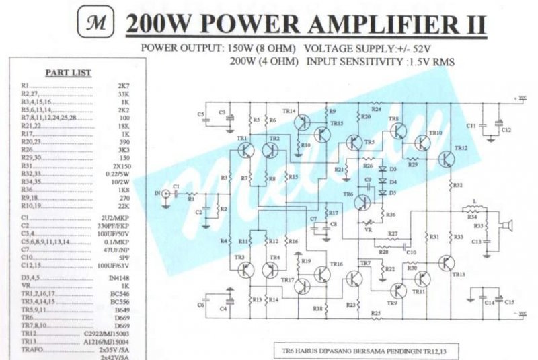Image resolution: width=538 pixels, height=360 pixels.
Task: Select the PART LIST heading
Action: click(68, 72)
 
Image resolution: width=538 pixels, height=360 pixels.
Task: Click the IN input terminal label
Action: click(159, 193)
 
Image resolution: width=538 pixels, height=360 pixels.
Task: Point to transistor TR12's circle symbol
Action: click(447, 159)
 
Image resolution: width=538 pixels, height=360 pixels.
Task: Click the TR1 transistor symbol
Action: click(245, 149)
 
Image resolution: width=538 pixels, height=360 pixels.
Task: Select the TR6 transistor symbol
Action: click(363, 201)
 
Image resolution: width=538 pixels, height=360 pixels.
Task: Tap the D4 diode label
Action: click(393, 181)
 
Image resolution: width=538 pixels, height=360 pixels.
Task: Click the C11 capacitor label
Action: click(471, 125)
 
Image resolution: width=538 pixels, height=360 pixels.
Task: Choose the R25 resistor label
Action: click(376, 313)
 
